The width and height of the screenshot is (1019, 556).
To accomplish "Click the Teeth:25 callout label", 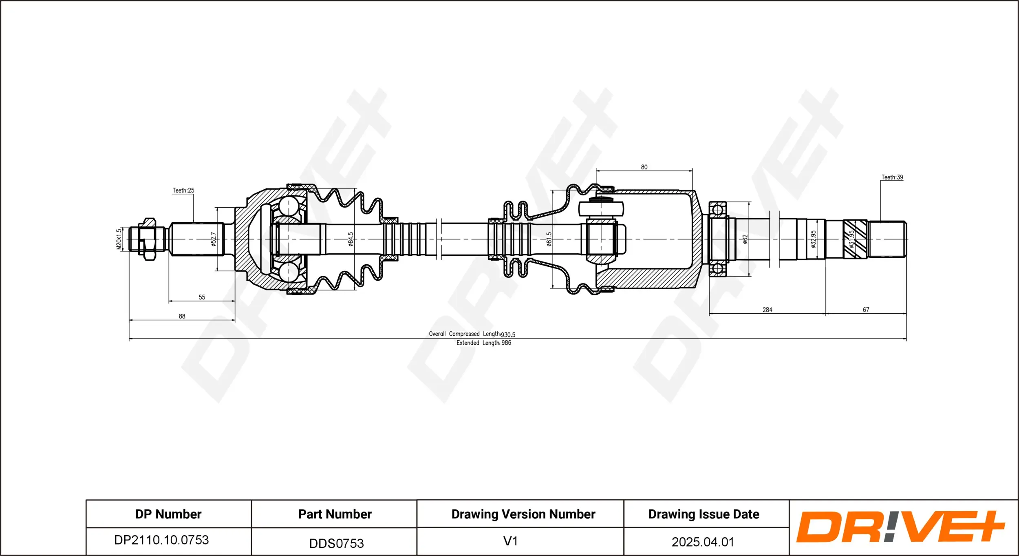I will (x=183, y=191).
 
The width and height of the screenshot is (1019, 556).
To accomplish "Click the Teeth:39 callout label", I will (x=892, y=177).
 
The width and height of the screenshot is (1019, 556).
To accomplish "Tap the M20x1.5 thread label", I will (x=119, y=239).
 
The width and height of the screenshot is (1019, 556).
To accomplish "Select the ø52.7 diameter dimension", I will (x=213, y=239).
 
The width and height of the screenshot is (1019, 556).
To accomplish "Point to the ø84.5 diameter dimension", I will (x=351, y=239).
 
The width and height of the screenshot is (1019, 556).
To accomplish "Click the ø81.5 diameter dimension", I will (x=549, y=239).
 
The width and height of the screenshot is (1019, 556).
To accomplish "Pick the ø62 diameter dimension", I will (x=745, y=239).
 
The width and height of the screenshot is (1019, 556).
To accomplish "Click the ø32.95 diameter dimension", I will (x=813, y=239).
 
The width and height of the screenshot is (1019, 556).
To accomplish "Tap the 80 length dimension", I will (x=644, y=167).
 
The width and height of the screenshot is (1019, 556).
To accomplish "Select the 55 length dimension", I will (x=202, y=297).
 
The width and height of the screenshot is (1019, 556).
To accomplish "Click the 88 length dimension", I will (x=182, y=316).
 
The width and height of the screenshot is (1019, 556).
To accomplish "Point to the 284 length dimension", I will (x=767, y=310).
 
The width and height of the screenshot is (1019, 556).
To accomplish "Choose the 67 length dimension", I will (x=866, y=310).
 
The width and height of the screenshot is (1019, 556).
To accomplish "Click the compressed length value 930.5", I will (x=508, y=335).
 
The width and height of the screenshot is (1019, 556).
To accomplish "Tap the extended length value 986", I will (x=506, y=343).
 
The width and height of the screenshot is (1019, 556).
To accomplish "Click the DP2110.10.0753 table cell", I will (x=161, y=540).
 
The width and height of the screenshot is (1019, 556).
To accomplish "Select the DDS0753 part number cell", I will (x=336, y=543).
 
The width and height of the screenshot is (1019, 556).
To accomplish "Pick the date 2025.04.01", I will (x=703, y=542).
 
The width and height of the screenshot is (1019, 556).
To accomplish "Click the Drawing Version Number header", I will (x=523, y=514).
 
